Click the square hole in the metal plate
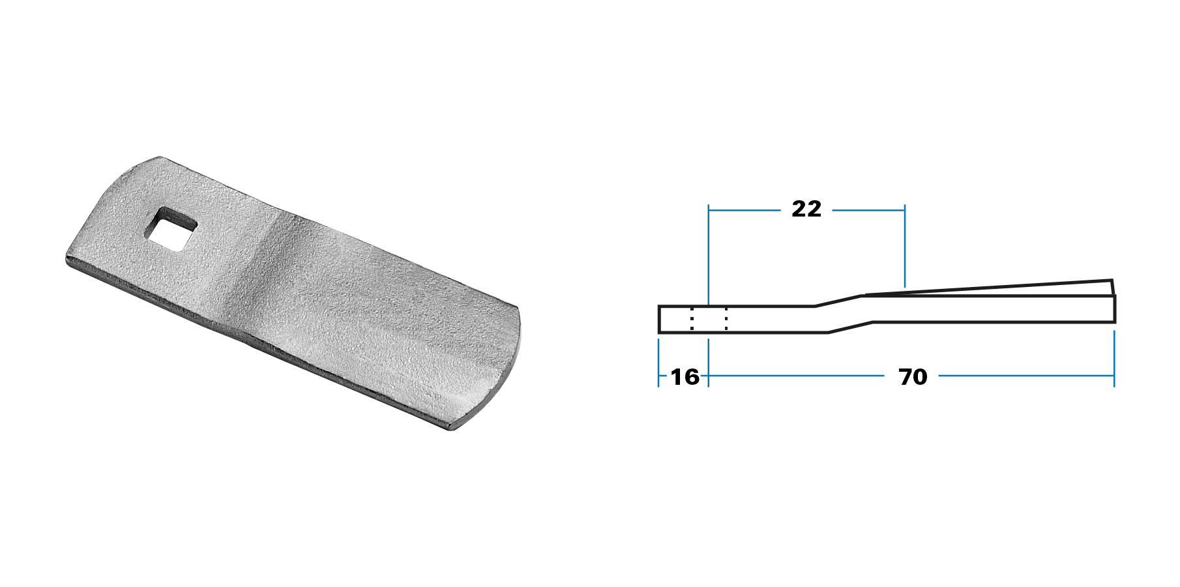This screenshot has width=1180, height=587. tap(171, 229)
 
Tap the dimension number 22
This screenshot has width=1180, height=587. tap(806, 209)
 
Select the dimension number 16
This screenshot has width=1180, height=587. tap(685, 377)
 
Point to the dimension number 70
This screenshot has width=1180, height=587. tap(913, 377)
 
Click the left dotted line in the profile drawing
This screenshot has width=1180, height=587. tap(692, 319)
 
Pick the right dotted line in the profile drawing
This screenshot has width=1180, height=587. tap(726, 319)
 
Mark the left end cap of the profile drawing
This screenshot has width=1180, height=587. tap(659, 319)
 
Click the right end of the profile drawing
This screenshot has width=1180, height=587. tap(1115, 309)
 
